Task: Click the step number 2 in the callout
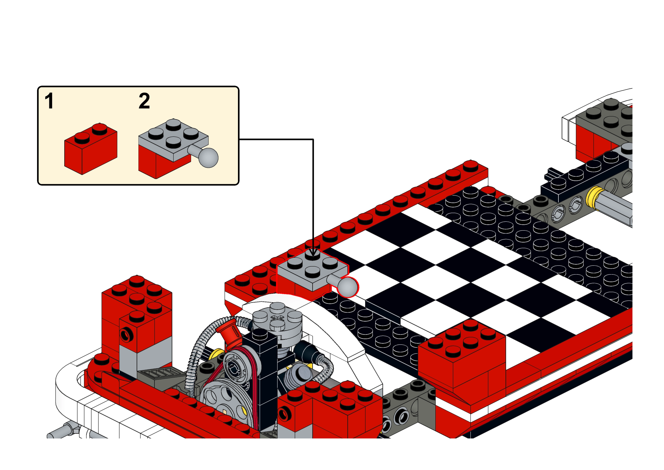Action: coord(144,101)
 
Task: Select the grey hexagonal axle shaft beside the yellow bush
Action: coord(618,208)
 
